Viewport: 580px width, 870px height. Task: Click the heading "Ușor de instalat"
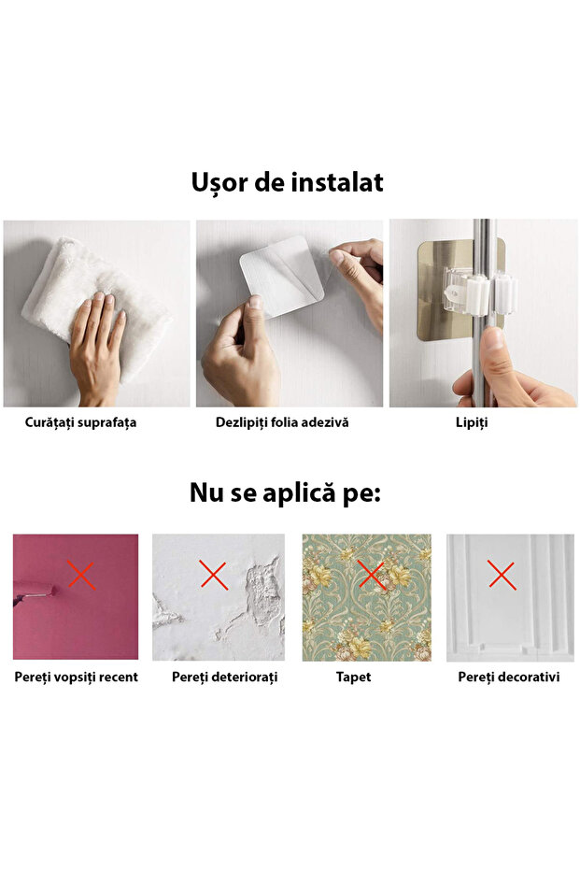[x=288, y=182]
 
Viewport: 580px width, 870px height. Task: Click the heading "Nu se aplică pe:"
[x=285, y=492]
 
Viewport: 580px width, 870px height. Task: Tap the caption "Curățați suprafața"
[x=80, y=422]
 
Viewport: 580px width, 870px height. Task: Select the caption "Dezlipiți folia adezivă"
[x=282, y=422]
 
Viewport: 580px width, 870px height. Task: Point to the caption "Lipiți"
[x=472, y=422]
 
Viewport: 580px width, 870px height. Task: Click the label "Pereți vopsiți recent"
[x=76, y=677]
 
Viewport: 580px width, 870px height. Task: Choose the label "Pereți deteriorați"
[x=224, y=677]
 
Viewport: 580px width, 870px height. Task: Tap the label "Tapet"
[x=353, y=677]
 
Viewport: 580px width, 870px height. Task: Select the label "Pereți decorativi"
[x=509, y=677]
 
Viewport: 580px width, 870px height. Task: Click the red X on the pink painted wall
[x=81, y=575]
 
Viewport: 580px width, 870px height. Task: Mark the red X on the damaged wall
[x=214, y=575]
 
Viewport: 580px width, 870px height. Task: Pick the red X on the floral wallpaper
[x=372, y=575]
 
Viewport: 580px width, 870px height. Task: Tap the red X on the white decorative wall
[x=502, y=575]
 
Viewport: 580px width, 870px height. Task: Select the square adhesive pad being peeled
[x=281, y=277]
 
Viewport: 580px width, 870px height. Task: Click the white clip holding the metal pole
[x=480, y=291]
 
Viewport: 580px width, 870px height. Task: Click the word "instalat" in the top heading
[x=337, y=182]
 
